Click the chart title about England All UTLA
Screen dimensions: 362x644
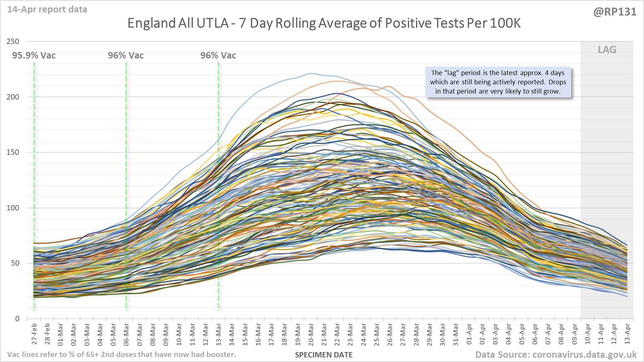(x=324, y=23)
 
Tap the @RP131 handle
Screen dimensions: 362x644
(x=615, y=12)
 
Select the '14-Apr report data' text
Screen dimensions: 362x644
(x=47, y=10)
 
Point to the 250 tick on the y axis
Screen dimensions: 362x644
(x=13, y=41)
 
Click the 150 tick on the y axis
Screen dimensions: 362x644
(x=13, y=152)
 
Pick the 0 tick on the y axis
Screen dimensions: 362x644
(x=17, y=319)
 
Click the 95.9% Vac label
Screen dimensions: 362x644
(x=34, y=56)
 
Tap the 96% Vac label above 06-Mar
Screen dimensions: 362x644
(x=126, y=56)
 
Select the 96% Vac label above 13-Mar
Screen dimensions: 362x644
(x=218, y=56)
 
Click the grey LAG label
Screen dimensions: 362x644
(x=607, y=50)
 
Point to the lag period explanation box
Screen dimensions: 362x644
(x=498, y=82)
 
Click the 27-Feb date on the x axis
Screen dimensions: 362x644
(x=34, y=334)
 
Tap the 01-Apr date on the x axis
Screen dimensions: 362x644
(x=469, y=334)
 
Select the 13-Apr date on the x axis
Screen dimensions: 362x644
(x=627, y=334)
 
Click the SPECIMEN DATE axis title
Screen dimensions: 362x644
(x=324, y=355)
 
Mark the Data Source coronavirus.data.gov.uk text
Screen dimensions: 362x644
(x=556, y=355)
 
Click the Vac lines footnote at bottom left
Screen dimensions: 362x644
(x=121, y=355)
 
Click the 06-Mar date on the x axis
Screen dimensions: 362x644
(x=126, y=334)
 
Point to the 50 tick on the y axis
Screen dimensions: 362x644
(x=15, y=263)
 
